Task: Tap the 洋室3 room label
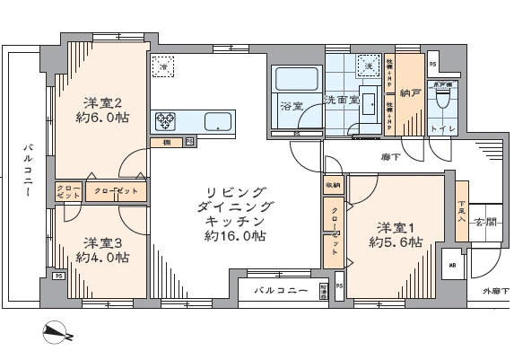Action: click(102, 242)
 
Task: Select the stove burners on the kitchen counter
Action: click(167, 120)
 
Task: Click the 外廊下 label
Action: click(495, 292)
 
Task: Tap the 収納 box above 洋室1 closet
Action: click(333, 186)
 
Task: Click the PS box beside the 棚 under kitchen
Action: click(190, 142)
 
